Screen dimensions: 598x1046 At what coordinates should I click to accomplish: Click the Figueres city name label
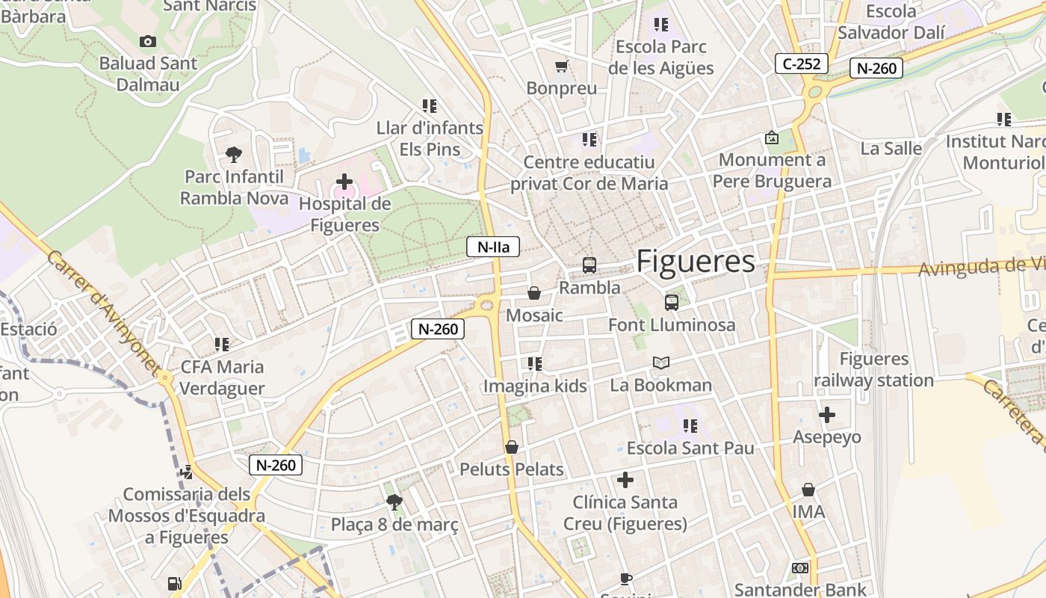pos(696,261)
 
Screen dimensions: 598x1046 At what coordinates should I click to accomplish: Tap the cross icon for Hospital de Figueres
pos(344,182)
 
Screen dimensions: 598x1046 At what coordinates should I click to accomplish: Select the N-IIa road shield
pos(492,247)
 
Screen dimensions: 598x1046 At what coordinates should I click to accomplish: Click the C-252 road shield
pos(802,64)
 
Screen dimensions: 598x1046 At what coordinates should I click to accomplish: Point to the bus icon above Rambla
pos(589,265)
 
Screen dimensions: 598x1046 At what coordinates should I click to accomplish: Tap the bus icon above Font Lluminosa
pos(671,303)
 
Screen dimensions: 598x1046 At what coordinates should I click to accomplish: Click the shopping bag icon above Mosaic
pos(534,293)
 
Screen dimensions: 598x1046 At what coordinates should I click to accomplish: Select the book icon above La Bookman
pos(660,363)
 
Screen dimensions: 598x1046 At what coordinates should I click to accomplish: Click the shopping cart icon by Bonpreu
pos(561,67)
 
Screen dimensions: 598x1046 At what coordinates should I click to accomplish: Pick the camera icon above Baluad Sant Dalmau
pos(148,42)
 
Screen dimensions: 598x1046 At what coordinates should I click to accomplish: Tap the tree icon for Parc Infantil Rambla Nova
pos(234,155)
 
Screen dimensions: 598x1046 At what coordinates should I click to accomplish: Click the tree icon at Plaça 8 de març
pos(394,502)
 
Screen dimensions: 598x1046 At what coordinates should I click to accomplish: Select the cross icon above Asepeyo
pos(827,415)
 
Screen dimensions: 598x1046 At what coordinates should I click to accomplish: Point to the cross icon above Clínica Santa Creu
pos(625,480)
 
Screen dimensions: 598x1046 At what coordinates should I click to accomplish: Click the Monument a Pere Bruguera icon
pos(772,138)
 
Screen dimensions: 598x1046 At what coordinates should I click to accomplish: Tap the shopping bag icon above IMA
pos(808,490)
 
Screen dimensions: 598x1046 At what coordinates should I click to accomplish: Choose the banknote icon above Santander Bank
pos(800,568)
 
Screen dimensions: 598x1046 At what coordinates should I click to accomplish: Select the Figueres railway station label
pos(873,369)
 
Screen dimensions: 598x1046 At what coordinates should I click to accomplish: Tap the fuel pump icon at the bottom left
pos(174,583)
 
